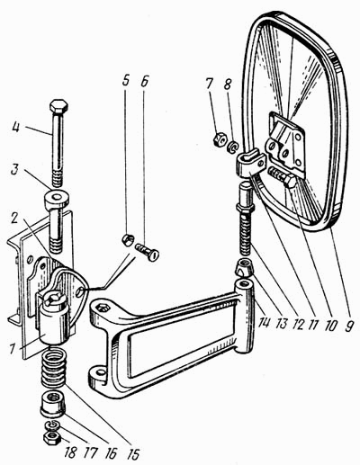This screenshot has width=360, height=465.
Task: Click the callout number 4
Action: click(x=16, y=128)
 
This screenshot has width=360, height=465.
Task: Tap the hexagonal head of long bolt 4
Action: click(x=58, y=106)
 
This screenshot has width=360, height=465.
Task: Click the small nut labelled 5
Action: click(x=128, y=240)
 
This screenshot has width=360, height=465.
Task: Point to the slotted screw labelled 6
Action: click(x=148, y=251)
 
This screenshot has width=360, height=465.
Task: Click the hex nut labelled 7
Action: click(x=219, y=139)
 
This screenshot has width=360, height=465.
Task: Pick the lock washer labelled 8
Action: click(x=233, y=148)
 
